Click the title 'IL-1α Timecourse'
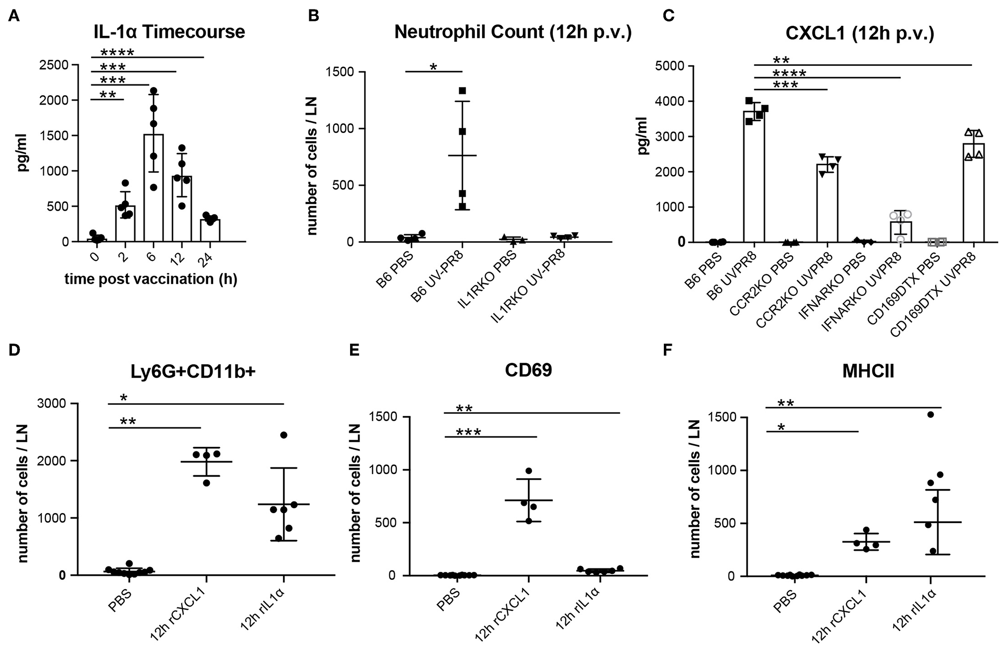point(169,32)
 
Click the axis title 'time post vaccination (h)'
point(150,279)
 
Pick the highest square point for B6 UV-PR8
point(463,91)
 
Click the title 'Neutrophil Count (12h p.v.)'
point(512,32)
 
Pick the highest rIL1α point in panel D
point(283,435)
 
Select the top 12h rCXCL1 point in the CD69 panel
point(529,471)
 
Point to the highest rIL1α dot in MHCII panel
point(930,414)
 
